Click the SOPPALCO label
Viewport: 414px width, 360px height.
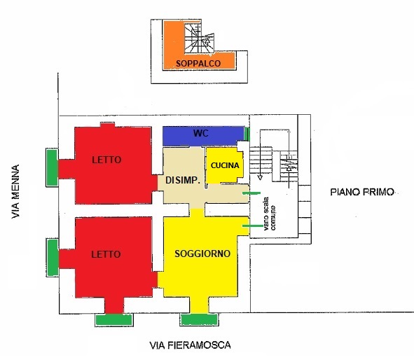[198, 63]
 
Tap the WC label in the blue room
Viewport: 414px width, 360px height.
[201, 133]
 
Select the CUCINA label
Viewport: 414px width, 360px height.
[225, 165]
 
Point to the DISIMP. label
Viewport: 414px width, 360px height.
[182, 180]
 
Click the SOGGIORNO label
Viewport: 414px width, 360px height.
[202, 254]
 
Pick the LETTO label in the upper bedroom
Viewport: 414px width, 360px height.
[106, 160]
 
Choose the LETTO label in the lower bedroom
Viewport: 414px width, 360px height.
[106, 254]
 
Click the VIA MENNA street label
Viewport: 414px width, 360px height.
[15, 192]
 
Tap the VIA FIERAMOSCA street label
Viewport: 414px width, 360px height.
[190, 345]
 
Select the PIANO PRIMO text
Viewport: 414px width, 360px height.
[362, 192]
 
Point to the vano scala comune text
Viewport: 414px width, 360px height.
[270, 214]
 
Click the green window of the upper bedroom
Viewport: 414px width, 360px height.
[52, 167]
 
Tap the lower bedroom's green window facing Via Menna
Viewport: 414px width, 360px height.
[53, 258]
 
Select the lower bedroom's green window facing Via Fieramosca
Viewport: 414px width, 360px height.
[113, 320]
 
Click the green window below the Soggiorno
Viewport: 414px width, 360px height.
[200, 319]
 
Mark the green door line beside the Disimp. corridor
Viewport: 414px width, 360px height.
[251, 193]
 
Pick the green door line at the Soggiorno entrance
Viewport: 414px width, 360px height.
[253, 226]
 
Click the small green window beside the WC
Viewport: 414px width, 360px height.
[247, 134]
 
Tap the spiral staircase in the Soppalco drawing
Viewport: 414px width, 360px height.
[198, 39]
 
